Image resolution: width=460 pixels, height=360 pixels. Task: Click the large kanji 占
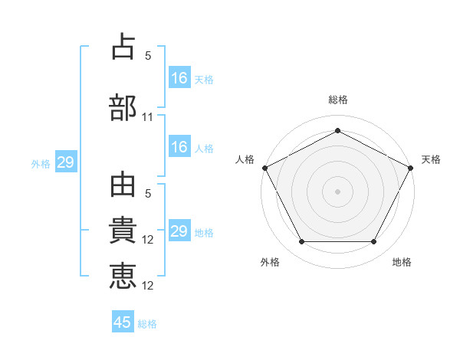[123, 46]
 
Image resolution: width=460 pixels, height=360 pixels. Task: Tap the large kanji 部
[123, 107]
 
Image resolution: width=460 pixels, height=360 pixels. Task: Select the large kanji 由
[123, 185]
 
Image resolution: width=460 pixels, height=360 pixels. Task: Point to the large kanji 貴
[123, 230]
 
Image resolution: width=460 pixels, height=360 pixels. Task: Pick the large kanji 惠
[123, 276]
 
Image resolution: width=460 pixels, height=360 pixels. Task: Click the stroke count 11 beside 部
[147, 117]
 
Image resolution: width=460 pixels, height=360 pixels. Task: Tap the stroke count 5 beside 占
[148, 56]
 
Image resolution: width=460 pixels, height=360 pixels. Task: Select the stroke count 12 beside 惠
[147, 286]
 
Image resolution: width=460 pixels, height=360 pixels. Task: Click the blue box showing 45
[123, 321]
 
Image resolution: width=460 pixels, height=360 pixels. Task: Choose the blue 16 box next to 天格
[179, 77]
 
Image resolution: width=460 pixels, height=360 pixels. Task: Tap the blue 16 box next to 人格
[179, 146]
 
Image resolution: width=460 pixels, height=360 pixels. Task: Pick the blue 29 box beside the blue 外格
[66, 162]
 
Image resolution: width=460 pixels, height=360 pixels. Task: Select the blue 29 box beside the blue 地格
[179, 230]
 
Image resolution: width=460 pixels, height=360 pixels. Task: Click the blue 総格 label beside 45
[147, 324]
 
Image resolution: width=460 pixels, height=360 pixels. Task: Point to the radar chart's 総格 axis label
[338, 100]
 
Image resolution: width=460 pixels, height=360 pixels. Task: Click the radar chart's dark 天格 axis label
[431, 159]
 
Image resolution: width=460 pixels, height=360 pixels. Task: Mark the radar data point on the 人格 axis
[265, 168]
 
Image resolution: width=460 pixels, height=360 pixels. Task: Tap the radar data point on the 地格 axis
[373, 241]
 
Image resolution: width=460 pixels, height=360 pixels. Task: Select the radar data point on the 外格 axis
[302, 241]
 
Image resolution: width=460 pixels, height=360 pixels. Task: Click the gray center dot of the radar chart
[337, 191]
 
